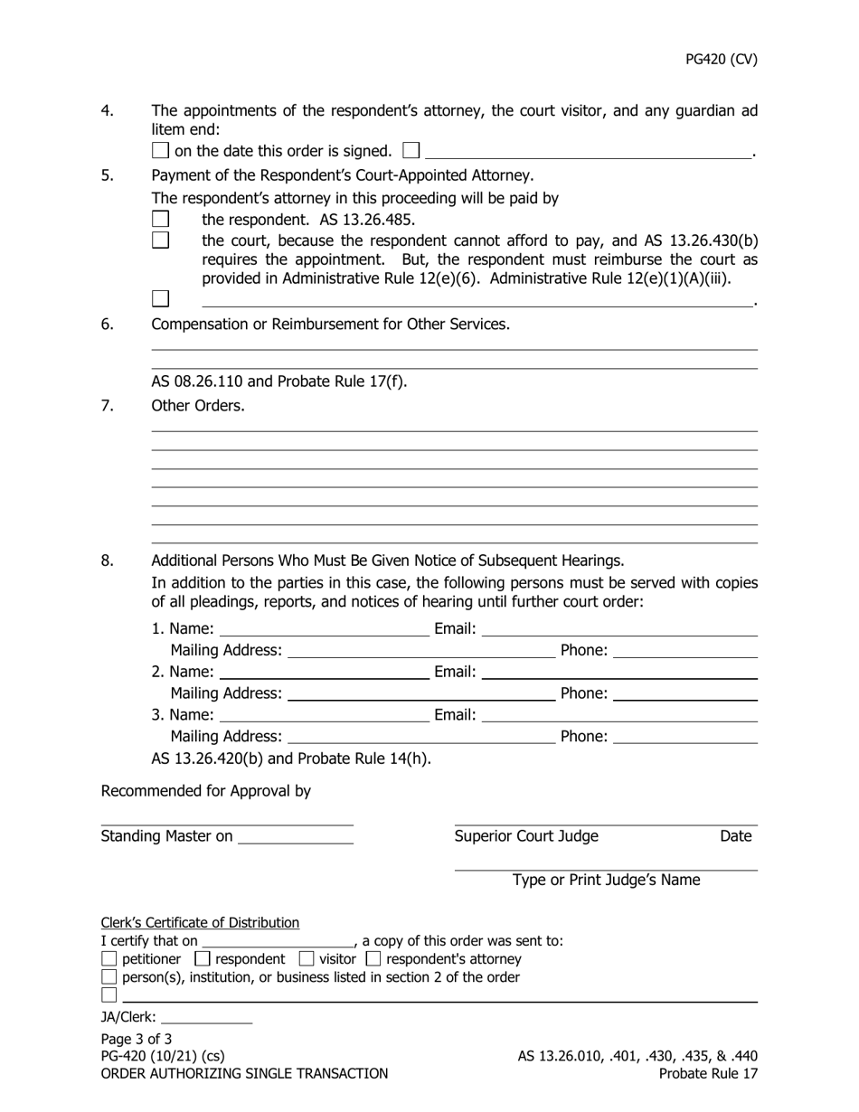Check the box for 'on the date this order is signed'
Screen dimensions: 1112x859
(x=160, y=150)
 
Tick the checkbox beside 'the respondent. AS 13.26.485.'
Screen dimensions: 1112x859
(x=160, y=219)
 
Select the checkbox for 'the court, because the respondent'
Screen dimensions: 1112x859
(x=160, y=240)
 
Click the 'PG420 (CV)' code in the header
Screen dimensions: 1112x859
(x=721, y=60)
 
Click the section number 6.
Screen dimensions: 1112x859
(x=108, y=324)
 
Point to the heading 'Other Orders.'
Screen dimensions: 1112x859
(x=197, y=406)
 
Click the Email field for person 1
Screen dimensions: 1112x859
(x=619, y=628)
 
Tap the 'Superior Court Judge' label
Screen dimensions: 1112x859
(x=526, y=836)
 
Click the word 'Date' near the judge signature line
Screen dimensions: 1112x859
(x=735, y=836)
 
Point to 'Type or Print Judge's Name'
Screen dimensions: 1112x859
(x=606, y=880)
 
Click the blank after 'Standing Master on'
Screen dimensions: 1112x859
(x=295, y=836)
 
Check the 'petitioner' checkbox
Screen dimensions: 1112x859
(x=109, y=958)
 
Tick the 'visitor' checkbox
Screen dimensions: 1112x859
(x=306, y=958)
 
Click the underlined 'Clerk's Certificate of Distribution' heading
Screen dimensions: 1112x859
(x=200, y=922)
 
